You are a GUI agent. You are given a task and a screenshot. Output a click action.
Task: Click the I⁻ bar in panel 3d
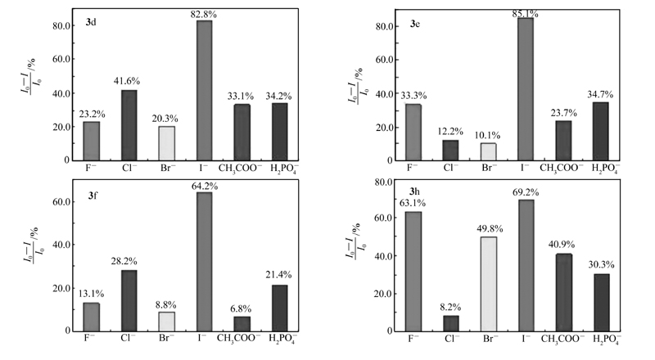(x=204, y=90)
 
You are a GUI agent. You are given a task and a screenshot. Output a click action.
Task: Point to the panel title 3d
(x=85, y=20)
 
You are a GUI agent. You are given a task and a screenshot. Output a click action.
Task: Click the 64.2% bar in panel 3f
(x=204, y=261)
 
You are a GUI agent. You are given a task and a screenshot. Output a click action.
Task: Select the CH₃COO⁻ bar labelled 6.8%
(x=242, y=323)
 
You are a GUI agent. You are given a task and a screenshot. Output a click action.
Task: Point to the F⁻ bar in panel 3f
(x=92, y=317)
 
